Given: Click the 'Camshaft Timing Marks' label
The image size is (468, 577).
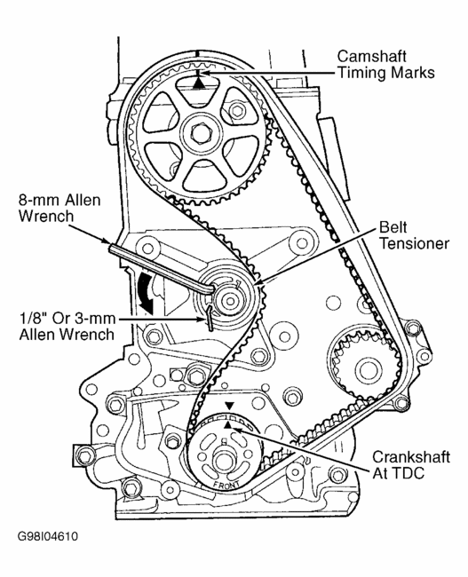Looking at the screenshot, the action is click(386, 65).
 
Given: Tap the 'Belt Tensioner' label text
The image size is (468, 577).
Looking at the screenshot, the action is click(414, 235).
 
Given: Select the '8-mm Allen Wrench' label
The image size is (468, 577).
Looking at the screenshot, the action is click(59, 209).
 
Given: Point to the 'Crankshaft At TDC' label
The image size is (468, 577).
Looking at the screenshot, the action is click(411, 465).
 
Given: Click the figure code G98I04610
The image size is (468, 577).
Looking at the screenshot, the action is click(47, 536).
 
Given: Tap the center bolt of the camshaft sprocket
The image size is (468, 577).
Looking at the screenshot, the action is click(201, 133).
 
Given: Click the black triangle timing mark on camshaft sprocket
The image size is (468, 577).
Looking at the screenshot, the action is click(199, 83).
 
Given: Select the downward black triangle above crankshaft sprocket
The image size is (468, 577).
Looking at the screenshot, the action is click(229, 406).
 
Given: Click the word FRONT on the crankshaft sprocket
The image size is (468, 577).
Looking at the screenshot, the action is click(226, 486).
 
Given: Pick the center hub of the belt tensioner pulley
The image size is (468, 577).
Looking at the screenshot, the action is click(231, 302).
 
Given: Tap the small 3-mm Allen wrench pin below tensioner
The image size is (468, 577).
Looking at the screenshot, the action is click(210, 317).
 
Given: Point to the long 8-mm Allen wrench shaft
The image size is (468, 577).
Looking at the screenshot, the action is click(160, 267).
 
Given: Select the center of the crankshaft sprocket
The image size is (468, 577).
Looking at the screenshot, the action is click(223, 460).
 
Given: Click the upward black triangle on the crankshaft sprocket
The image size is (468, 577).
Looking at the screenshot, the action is click(228, 425).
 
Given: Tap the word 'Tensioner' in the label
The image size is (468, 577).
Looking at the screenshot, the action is click(415, 243).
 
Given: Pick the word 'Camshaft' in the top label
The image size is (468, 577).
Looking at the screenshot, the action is click(372, 56).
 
